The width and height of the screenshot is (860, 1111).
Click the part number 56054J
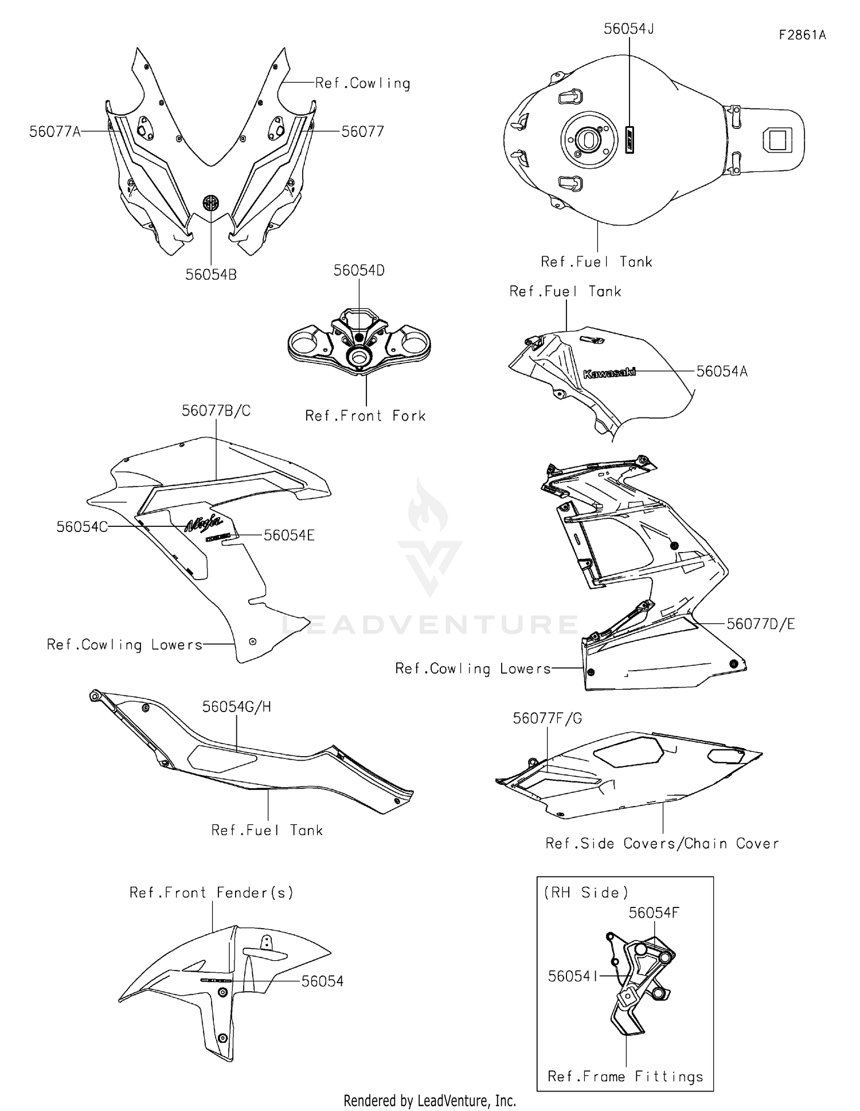(629, 29)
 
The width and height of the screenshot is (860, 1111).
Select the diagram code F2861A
(802, 35)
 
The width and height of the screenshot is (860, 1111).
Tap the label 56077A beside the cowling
(55, 132)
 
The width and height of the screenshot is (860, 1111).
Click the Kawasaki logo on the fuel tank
(609, 373)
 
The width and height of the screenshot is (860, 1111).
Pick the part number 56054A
(722, 371)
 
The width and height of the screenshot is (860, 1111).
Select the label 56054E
(289, 535)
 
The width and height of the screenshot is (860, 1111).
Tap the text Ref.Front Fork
(365, 416)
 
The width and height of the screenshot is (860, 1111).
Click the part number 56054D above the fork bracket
(359, 270)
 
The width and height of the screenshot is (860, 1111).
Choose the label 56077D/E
(761, 624)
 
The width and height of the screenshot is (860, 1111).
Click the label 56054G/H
(236, 707)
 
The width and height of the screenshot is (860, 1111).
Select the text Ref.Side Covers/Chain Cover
(662, 843)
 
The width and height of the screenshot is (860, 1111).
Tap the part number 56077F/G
(547, 718)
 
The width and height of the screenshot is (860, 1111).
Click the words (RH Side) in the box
(586, 893)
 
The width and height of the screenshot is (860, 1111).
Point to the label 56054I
(573, 976)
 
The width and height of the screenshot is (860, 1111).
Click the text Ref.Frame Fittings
(625, 1076)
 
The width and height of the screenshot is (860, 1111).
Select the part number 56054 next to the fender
(322, 981)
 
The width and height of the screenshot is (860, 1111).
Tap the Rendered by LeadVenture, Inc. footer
(429, 1101)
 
